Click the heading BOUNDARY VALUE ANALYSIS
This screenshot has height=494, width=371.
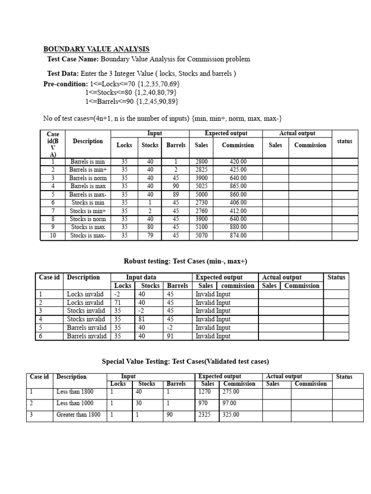97,49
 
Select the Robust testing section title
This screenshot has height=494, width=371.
186,261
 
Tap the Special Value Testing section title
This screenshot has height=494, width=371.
185,361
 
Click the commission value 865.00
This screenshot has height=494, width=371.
238,186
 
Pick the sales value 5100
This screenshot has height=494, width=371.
201,227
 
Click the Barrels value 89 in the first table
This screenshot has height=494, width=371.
176,194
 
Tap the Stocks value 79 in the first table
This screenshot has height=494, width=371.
150,235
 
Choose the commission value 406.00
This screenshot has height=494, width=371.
238,203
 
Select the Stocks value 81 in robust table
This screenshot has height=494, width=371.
142,319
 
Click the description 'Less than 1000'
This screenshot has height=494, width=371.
75,403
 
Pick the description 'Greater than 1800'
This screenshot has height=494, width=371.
78,415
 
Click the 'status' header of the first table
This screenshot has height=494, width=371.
344,141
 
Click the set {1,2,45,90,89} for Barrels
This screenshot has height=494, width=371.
158,101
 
